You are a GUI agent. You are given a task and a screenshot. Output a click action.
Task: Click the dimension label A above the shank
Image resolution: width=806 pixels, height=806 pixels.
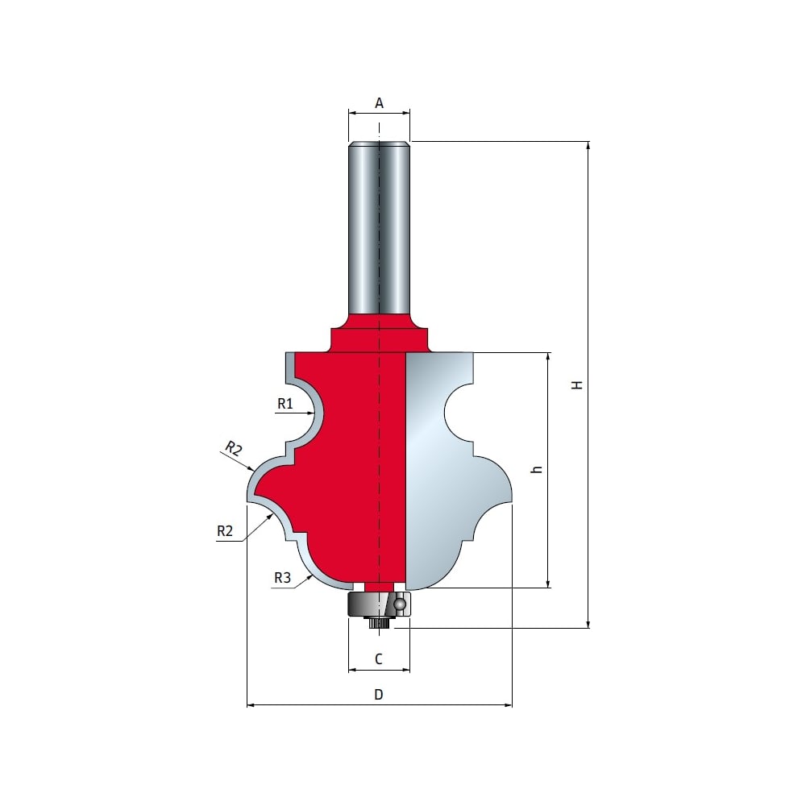coord(379,103)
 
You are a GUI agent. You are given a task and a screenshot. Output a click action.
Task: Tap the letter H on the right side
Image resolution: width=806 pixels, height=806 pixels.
coord(577,384)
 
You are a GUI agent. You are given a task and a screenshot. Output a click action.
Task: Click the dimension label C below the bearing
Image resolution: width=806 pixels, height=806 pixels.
coord(379,659)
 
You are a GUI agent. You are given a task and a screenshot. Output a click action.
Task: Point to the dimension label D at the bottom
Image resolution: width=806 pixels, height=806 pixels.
coord(379,695)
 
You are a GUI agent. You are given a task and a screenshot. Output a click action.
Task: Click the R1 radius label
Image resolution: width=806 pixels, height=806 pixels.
coord(285,404)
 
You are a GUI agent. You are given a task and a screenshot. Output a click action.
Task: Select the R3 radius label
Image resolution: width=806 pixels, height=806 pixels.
coord(283,578)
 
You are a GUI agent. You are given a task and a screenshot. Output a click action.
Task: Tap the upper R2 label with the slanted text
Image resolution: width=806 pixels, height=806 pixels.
coord(234,449)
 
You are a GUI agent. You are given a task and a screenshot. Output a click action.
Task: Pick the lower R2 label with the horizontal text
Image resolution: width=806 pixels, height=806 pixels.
coord(225,531)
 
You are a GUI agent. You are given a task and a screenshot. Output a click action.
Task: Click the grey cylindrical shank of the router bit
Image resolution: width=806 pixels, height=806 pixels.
coord(379,229)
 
